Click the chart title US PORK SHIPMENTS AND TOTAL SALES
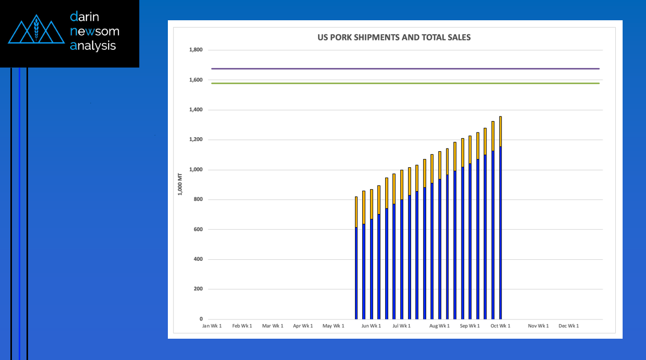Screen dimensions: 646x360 (x=394, y=37)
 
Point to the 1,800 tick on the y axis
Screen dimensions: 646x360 (x=196, y=49)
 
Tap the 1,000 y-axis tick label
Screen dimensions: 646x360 (x=196, y=169)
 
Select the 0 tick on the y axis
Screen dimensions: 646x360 (x=201, y=319)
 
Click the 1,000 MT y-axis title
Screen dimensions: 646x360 (x=180, y=184)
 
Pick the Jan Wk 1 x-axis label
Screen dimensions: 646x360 (x=212, y=326)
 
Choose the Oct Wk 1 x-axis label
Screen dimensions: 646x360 (x=500, y=326)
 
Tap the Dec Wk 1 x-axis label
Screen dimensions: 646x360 (x=569, y=326)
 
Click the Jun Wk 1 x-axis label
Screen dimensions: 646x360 (x=371, y=326)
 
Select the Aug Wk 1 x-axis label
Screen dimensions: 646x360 (x=439, y=326)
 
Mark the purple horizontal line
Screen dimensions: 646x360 (x=405, y=69)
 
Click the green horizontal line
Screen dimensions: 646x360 (x=405, y=83)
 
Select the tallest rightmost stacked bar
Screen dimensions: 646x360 (x=500, y=218)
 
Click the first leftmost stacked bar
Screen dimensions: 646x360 (x=356, y=258)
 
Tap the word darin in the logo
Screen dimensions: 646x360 (x=85, y=17)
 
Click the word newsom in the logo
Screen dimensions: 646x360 (x=95, y=31)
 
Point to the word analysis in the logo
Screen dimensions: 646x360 (x=93, y=46)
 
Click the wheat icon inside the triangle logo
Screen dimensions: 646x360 (x=36, y=29)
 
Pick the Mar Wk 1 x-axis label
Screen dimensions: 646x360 (x=272, y=326)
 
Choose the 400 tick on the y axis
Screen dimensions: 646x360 (x=198, y=259)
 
